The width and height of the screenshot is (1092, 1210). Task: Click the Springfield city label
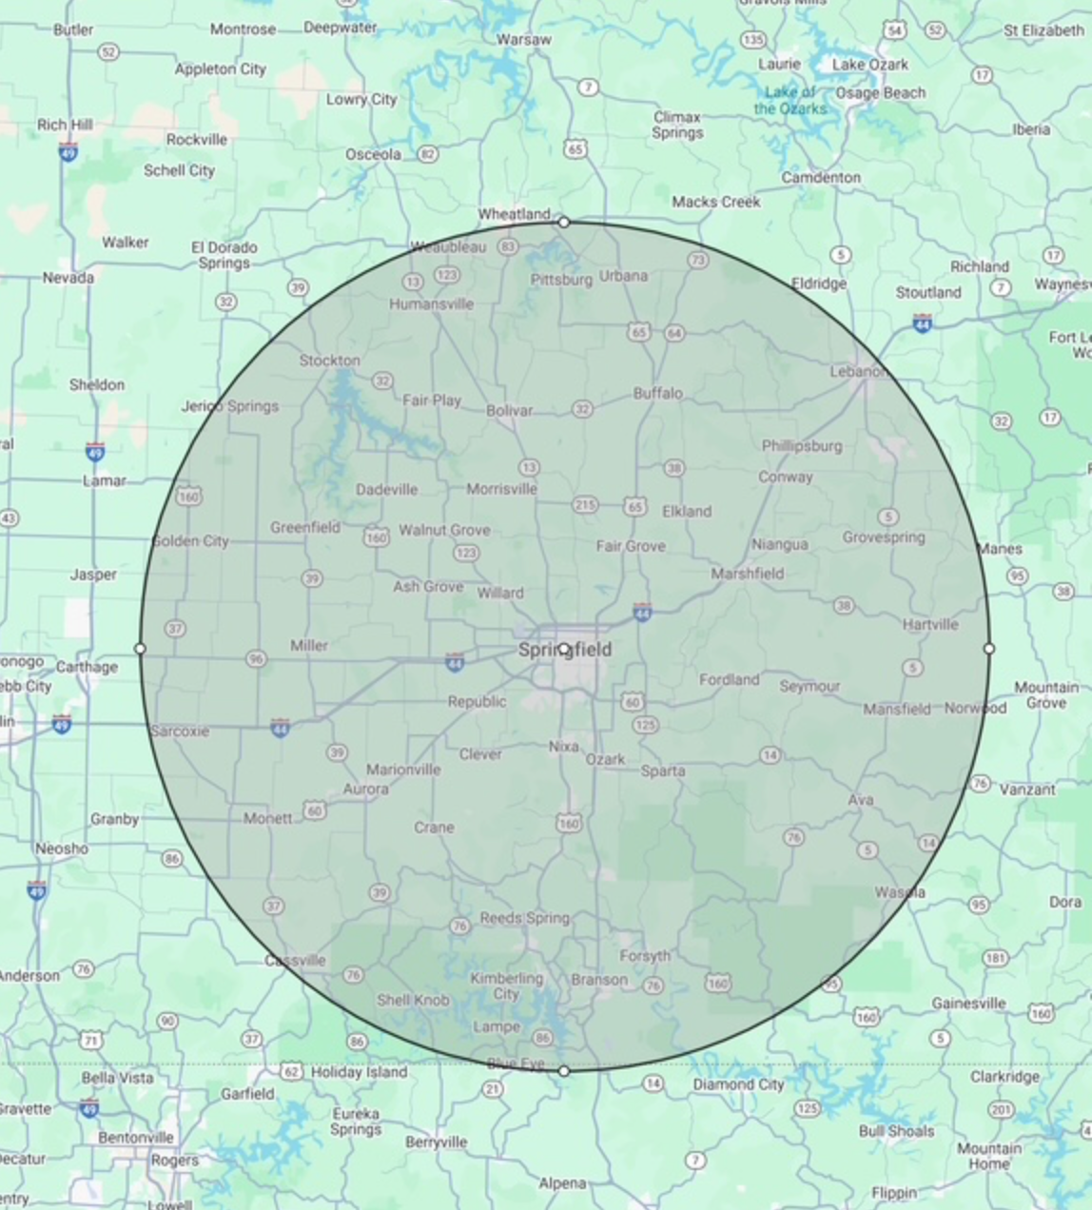point(565,651)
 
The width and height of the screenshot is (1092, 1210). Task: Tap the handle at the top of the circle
point(564,222)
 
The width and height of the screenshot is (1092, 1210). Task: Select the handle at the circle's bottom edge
point(564,1071)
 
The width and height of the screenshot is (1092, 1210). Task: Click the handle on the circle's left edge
point(140,649)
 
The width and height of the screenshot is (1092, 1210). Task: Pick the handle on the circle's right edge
point(989,649)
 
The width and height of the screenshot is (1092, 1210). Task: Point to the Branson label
point(599,980)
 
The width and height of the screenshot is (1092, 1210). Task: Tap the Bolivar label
point(509,411)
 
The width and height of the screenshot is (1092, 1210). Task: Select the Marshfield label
point(748,574)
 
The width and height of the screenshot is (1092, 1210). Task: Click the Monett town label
point(267,818)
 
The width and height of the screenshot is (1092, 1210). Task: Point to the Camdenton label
point(821,178)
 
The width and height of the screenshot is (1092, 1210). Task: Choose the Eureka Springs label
point(356,1122)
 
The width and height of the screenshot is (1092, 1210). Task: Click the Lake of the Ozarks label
point(790,101)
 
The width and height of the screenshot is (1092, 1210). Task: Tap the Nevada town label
point(68,278)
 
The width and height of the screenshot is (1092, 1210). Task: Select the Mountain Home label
point(989,1156)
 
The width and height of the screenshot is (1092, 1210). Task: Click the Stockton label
point(330,361)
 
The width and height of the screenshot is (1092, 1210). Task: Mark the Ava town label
point(861,800)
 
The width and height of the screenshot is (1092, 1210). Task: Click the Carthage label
point(87,667)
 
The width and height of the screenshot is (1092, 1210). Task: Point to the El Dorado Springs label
point(224,255)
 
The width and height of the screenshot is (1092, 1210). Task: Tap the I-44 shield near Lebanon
point(922,323)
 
